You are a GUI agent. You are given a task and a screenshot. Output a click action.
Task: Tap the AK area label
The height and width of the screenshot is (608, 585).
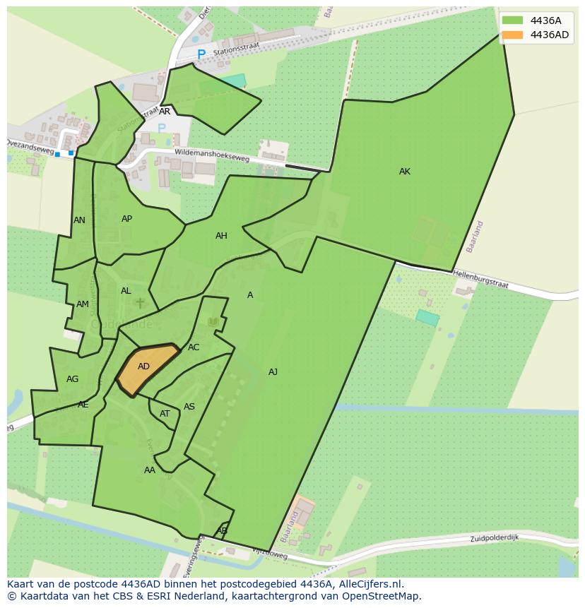point(404,172)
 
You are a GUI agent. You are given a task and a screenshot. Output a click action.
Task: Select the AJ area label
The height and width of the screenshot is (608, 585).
point(273,372)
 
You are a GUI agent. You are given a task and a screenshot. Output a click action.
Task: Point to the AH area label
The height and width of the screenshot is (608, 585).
point(221,236)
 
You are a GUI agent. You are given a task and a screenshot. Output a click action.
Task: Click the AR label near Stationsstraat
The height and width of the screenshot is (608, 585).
point(165,112)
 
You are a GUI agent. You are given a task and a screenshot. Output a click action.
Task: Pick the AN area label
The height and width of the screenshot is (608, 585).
point(79,220)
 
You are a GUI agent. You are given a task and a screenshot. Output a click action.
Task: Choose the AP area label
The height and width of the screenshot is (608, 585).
point(126,219)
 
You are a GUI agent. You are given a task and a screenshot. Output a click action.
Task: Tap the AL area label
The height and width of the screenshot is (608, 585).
point(126,291)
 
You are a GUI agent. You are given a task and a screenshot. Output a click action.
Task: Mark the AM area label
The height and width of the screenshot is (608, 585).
point(83,304)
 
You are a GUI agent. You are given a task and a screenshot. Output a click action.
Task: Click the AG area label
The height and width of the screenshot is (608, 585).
point(72,379)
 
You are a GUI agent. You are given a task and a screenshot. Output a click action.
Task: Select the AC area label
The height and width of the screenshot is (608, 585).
point(194,347)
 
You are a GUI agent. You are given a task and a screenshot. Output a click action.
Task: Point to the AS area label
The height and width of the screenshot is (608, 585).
point(189,407)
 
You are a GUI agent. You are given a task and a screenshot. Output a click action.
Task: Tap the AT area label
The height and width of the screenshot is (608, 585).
point(165,414)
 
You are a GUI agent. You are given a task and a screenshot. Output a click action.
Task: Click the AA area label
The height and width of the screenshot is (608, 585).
point(149,470)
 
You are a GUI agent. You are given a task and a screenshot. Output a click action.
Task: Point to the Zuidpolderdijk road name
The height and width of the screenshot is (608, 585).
point(495,538)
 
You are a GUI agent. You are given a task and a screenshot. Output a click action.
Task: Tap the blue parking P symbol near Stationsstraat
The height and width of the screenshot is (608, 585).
point(201,54)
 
